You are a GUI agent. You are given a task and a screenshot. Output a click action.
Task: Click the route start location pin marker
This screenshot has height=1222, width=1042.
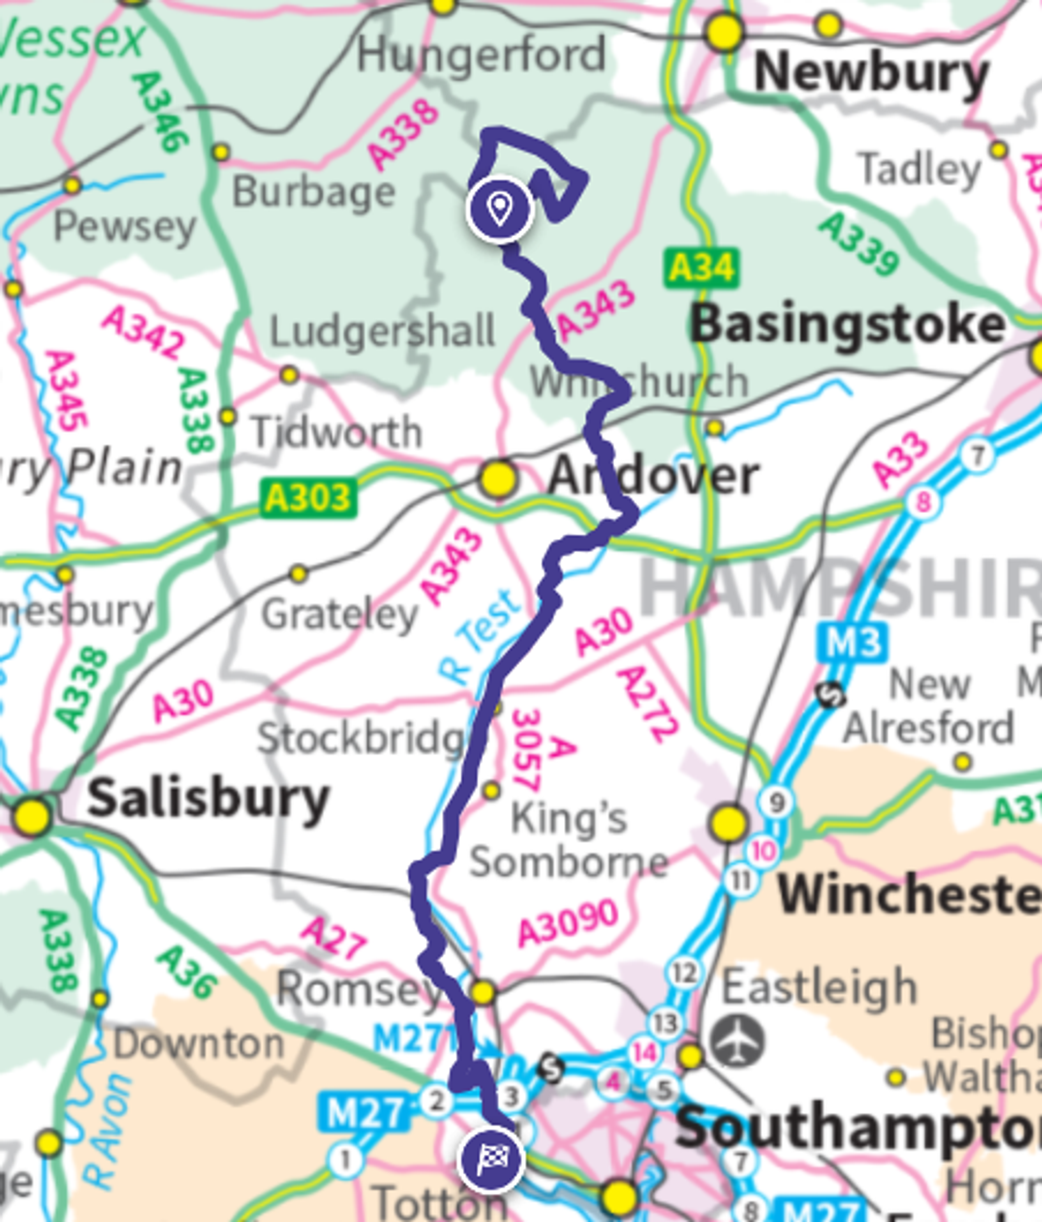[500, 209]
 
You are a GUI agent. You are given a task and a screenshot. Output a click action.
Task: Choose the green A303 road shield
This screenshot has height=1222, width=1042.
[308, 499]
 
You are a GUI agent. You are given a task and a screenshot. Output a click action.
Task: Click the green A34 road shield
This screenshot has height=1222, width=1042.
[701, 269]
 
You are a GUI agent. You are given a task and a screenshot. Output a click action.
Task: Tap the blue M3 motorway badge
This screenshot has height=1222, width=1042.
[853, 641]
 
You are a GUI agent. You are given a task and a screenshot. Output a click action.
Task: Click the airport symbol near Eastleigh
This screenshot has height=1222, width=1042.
[737, 1041]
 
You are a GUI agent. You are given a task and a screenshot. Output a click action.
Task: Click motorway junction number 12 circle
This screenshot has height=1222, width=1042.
[684, 973]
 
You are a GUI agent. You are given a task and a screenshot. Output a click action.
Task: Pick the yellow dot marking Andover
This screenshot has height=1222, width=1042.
[498, 478]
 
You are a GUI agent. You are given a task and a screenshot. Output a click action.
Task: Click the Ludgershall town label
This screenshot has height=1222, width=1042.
[381, 331]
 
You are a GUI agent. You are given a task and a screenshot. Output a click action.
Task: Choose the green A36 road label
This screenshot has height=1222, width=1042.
[187, 971]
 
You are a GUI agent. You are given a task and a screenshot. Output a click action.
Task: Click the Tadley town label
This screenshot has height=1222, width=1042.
[918, 169]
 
